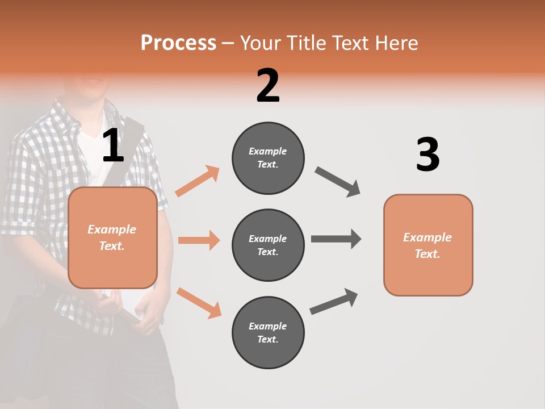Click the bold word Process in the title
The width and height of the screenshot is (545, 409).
[x=178, y=43]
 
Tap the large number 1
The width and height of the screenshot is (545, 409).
[x=113, y=147]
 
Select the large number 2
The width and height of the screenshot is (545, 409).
[x=268, y=86]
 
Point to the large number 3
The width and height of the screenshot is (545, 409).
[x=427, y=155]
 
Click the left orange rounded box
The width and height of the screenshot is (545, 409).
[x=112, y=237]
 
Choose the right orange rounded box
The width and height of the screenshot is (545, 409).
[x=428, y=245]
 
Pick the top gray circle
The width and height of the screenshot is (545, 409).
[x=268, y=158]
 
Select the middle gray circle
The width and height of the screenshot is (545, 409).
[x=268, y=245]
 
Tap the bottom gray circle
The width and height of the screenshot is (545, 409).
[x=268, y=332]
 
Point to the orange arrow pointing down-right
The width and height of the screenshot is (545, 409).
[x=199, y=303]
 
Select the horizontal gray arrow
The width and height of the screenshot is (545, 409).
[x=336, y=239]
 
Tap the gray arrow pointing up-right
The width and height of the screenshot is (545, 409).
[x=334, y=301]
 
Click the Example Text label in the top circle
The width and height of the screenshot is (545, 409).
[x=268, y=158]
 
